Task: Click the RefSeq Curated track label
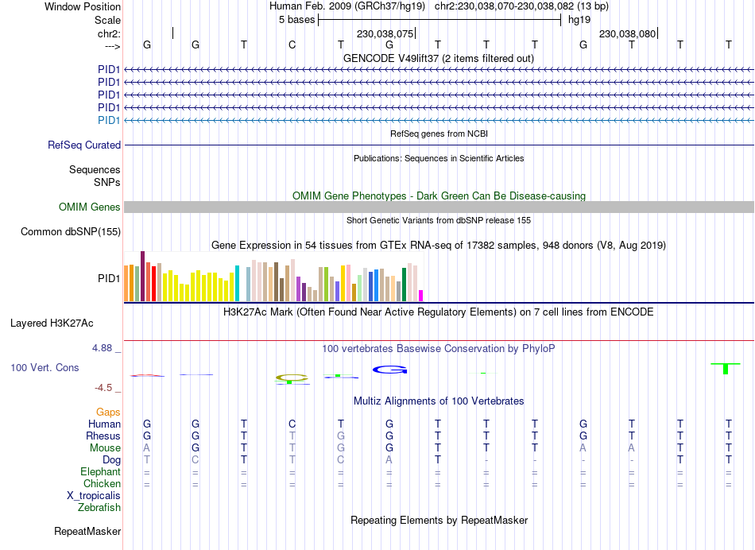click(x=84, y=145)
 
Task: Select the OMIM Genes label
click(x=90, y=207)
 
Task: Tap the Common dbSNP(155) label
click(x=71, y=232)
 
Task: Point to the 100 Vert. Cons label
click(x=45, y=368)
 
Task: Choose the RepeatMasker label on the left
click(x=87, y=531)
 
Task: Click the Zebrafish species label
click(x=99, y=507)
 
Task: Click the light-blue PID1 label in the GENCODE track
click(x=109, y=120)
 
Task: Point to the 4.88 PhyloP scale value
click(x=106, y=348)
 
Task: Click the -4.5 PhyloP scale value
click(x=107, y=388)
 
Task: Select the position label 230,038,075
click(x=385, y=34)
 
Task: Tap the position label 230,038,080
click(x=627, y=34)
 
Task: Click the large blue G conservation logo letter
click(x=389, y=370)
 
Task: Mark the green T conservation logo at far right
click(x=725, y=368)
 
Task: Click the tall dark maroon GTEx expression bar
click(x=142, y=276)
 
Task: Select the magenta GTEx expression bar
click(x=421, y=296)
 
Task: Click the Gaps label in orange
click(x=108, y=412)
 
